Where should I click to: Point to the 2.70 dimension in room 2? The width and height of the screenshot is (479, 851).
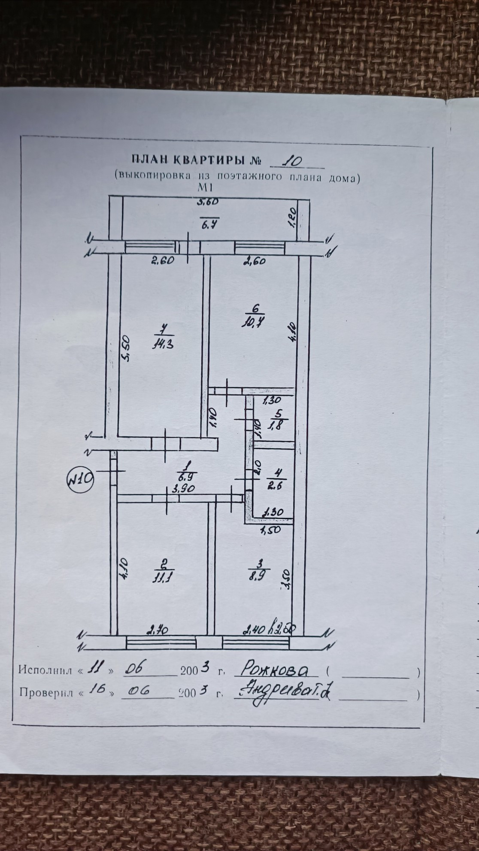point(160,630)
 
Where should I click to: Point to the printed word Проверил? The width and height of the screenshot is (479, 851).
point(45,693)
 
